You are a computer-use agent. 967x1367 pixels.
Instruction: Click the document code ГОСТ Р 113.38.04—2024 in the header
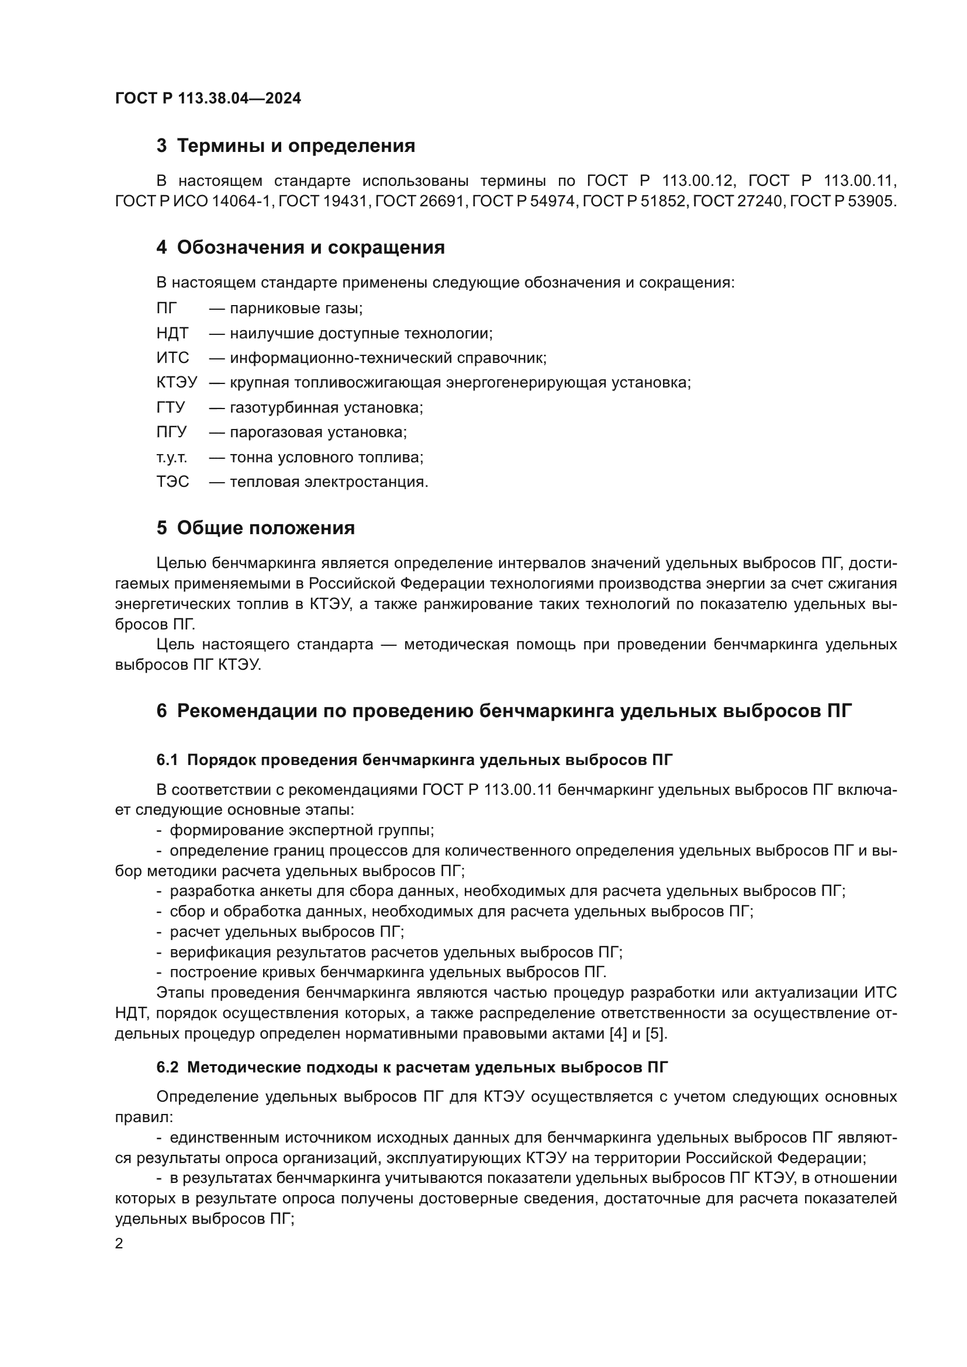208,99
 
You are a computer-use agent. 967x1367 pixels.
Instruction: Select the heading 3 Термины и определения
286,146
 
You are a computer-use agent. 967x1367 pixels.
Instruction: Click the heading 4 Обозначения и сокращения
301,247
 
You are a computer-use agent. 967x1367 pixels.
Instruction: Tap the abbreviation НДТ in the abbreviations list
172,333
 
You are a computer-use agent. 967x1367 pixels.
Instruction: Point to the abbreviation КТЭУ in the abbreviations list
177,383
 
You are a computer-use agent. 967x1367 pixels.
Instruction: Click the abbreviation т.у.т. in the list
171,457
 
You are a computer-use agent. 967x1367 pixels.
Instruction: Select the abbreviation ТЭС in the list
172,482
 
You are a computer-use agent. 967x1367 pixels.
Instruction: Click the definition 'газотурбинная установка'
326,408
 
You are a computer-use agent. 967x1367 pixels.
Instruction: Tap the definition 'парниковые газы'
296,309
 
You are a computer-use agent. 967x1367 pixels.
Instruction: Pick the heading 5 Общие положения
256,528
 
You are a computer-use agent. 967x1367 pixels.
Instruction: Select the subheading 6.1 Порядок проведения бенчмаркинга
415,760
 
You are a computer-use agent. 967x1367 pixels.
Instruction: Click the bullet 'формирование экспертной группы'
302,830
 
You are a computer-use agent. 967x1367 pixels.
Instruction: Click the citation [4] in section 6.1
619,1033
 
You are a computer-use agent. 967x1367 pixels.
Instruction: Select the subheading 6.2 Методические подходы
412,1068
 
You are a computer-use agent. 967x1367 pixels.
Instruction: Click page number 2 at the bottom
119,1244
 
